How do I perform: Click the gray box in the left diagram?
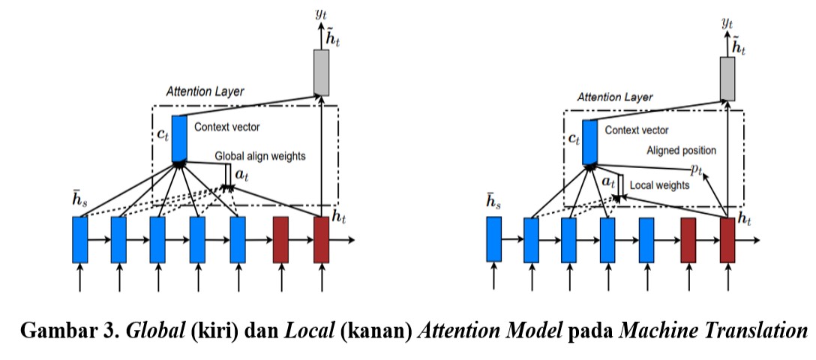pos(321,72)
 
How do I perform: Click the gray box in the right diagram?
pos(727,79)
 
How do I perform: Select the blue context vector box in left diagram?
pos(179,139)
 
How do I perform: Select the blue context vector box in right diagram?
pos(589,142)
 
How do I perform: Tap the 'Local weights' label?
pos(659,184)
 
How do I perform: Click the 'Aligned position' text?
pos(681,150)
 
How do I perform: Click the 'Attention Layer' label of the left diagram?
pos(205,92)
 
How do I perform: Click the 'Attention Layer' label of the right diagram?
pos(614,97)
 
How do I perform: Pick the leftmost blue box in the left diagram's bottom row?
pos(80,240)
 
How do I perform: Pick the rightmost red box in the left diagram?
pos(322,240)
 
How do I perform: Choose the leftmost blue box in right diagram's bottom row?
pos(493,239)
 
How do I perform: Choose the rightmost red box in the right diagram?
pos(727,240)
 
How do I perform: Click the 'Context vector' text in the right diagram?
pos(637,130)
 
